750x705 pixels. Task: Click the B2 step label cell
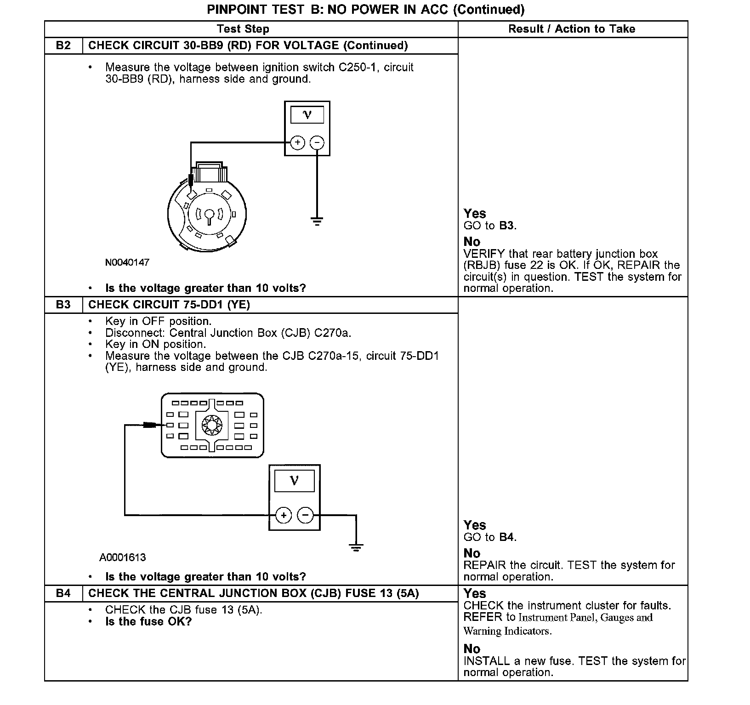(63, 45)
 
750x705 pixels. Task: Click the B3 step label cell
(63, 305)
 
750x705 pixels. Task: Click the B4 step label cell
(63, 593)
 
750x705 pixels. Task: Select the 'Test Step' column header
(243, 29)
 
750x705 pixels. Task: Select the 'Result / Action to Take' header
(572, 29)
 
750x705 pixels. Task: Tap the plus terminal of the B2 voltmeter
(298, 142)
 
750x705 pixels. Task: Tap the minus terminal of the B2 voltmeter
(317, 142)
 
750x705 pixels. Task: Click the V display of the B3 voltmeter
(294, 481)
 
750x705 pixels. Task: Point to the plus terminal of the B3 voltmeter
(284, 515)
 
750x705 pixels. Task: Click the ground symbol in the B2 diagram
(317, 221)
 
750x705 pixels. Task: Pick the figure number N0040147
(127, 262)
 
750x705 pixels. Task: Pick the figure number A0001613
(123, 557)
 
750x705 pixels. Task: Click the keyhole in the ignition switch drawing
(209, 215)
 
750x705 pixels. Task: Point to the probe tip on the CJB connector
(150, 425)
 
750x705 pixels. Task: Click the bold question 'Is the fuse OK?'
(148, 621)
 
